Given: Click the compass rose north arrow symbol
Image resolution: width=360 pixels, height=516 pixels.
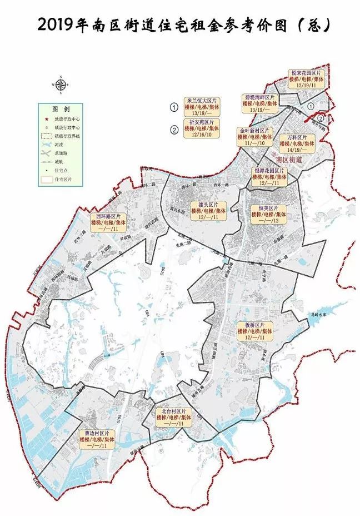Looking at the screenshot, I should (61, 85).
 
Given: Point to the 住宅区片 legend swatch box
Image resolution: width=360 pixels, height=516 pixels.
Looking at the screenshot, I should (47, 180).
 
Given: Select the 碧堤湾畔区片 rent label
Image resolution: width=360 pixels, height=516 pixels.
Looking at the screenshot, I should (260, 103).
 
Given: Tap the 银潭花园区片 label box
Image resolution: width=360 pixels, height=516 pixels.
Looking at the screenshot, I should (269, 177).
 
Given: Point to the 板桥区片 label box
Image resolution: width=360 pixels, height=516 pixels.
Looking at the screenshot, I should (258, 331).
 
